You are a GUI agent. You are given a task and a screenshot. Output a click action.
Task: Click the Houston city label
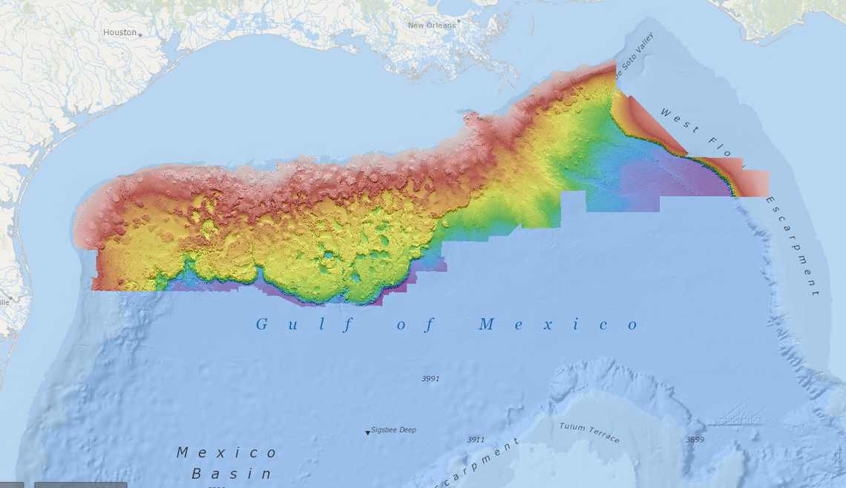pyautogui.click(x=119, y=32)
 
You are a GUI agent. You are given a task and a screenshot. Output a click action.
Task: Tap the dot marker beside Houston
pyautogui.click(x=140, y=34)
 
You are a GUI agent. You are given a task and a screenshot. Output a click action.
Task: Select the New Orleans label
pyautogui.click(x=431, y=25)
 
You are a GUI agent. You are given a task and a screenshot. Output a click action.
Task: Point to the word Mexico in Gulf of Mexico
pyautogui.click(x=558, y=325)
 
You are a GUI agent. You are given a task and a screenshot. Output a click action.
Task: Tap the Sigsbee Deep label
pyautogui.click(x=394, y=430)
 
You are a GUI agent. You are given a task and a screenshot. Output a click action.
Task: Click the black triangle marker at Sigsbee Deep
pyautogui.click(x=367, y=432)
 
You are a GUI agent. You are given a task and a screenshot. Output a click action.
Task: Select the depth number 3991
pyautogui.click(x=430, y=378)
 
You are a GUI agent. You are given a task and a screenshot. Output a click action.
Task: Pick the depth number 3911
pyautogui.click(x=476, y=440)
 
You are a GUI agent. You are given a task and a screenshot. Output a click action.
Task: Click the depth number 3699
pyautogui.click(x=695, y=440)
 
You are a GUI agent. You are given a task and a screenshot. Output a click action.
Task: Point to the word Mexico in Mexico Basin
pyautogui.click(x=227, y=452)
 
